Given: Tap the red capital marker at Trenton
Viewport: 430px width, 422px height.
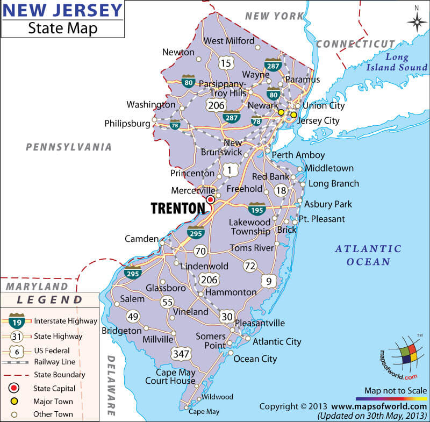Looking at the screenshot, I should (x=210, y=199).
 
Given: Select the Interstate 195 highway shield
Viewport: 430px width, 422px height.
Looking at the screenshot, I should (x=256, y=209).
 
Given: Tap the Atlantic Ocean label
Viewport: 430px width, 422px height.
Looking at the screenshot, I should (x=368, y=255).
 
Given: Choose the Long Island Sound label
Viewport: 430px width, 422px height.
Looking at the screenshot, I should (x=397, y=62).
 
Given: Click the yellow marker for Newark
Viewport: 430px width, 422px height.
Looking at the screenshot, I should (x=281, y=112).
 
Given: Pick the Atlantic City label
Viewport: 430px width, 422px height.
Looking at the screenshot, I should (x=277, y=341).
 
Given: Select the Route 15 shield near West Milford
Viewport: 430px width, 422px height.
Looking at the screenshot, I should (x=226, y=63).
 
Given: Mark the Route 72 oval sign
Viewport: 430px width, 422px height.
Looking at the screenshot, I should (x=250, y=266).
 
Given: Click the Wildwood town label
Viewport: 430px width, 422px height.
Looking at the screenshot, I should (x=217, y=397).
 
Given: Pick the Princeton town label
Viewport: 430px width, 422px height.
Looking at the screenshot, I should (x=192, y=173).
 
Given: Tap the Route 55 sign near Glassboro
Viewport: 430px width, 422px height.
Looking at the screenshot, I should (x=167, y=302).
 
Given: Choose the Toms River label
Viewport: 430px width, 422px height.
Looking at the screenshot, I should (x=252, y=248).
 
